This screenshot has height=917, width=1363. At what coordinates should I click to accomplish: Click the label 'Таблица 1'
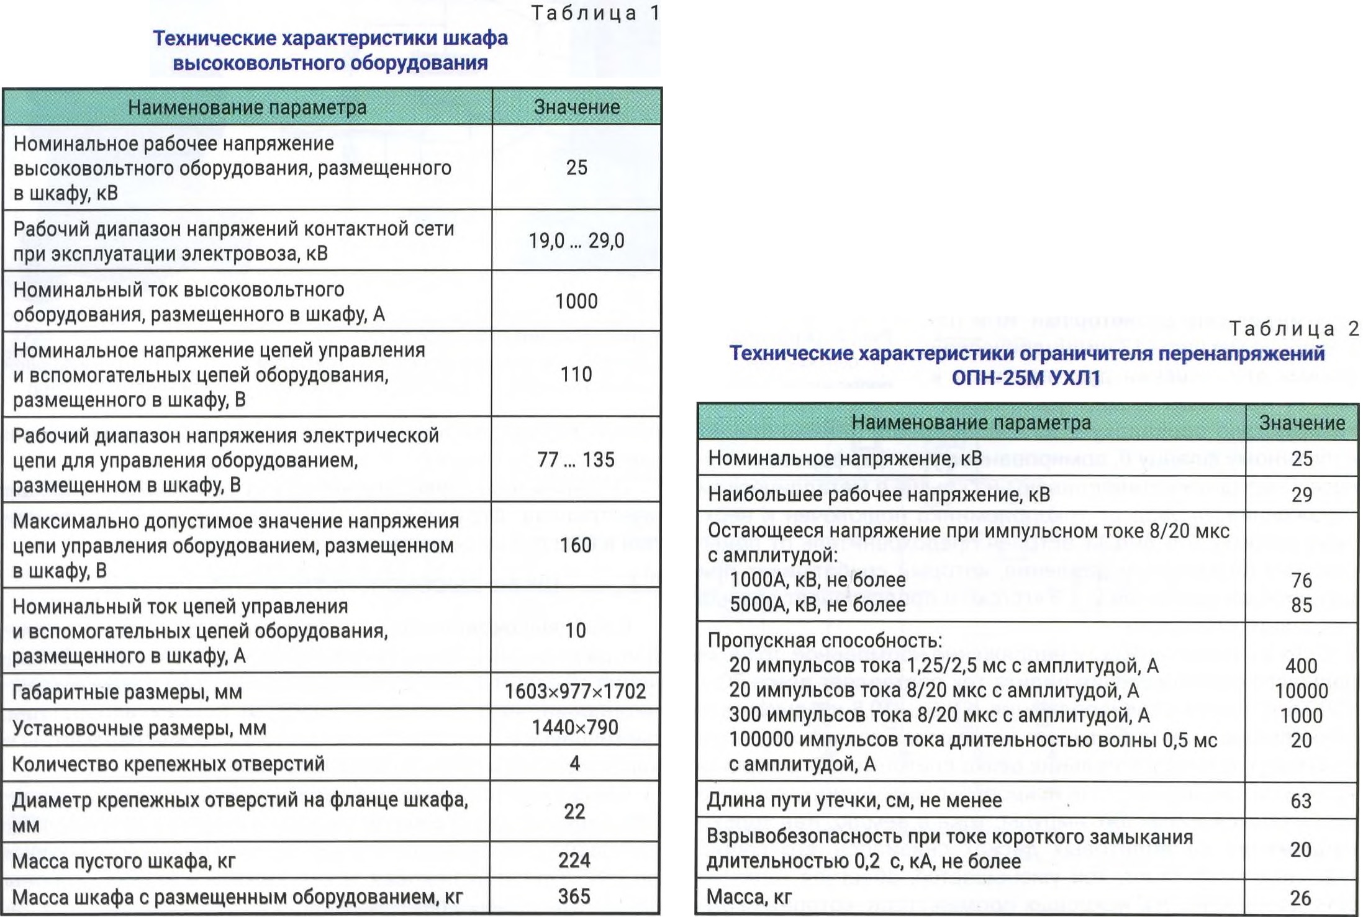point(595,13)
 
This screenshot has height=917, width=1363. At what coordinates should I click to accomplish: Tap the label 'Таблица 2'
point(1293,328)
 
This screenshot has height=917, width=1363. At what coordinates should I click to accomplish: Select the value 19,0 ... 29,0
point(576,240)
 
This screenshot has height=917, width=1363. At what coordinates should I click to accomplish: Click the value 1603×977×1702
point(575,691)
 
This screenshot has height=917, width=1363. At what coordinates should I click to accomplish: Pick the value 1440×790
point(575,727)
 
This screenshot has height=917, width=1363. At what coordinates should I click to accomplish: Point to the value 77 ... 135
point(576,459)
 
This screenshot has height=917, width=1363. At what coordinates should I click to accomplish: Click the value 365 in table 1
point(574,896)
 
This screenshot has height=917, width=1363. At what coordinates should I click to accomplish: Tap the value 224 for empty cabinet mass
point(574,860)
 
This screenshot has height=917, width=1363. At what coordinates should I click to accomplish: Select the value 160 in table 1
point(576,544)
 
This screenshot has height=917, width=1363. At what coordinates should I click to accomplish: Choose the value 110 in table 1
point(576,374)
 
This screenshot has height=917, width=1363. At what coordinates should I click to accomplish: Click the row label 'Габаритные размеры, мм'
point(127,692)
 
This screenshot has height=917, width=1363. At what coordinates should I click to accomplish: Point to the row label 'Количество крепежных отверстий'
point(168,763)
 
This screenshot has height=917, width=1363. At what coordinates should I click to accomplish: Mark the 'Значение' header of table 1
point(577,107)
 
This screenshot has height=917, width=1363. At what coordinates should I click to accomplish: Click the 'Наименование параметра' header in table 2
point(971,422)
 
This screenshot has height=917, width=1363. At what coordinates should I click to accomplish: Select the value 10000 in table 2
point(1301,690)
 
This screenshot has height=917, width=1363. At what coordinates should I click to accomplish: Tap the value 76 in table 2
point(1302,580)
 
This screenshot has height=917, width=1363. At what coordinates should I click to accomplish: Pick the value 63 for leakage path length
point(1301,800)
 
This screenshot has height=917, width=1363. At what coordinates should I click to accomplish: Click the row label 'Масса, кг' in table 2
point(749,897)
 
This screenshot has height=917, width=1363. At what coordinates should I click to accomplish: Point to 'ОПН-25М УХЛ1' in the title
point(1025,377)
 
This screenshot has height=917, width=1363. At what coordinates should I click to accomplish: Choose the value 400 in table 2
point(1301,666)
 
